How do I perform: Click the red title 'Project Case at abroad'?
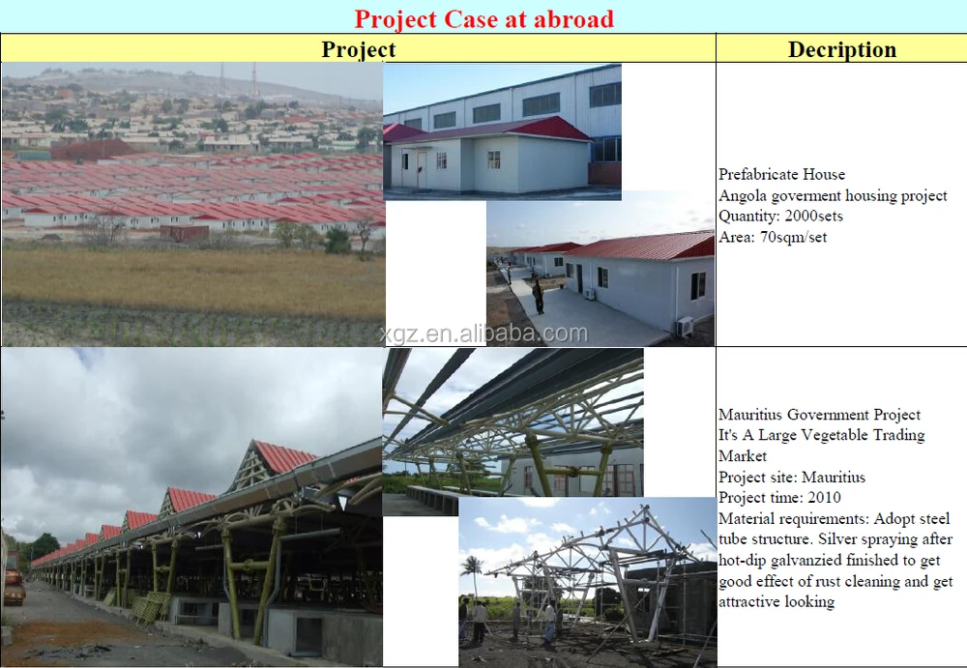[484, 18]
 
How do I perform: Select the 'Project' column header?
[359, 49]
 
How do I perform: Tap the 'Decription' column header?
[842, 49]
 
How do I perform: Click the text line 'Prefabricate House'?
[781, 175]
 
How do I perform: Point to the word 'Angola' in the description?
[741, 196]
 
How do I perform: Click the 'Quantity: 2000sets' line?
[780, 216]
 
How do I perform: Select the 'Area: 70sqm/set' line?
[772, 237]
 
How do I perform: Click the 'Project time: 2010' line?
[779, 497]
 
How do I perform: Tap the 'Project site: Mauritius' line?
[792, 477]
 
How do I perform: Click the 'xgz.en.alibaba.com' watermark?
[484, 334]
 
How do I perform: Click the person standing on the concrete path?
[539, 296]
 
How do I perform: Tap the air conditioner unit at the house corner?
[685, 327]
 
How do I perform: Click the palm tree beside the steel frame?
[472, 573]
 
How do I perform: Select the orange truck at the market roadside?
[14, 578]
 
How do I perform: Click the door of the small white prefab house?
[422, 169]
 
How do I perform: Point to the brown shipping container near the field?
[185, 233]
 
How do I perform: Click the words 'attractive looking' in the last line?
[777, 601]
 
